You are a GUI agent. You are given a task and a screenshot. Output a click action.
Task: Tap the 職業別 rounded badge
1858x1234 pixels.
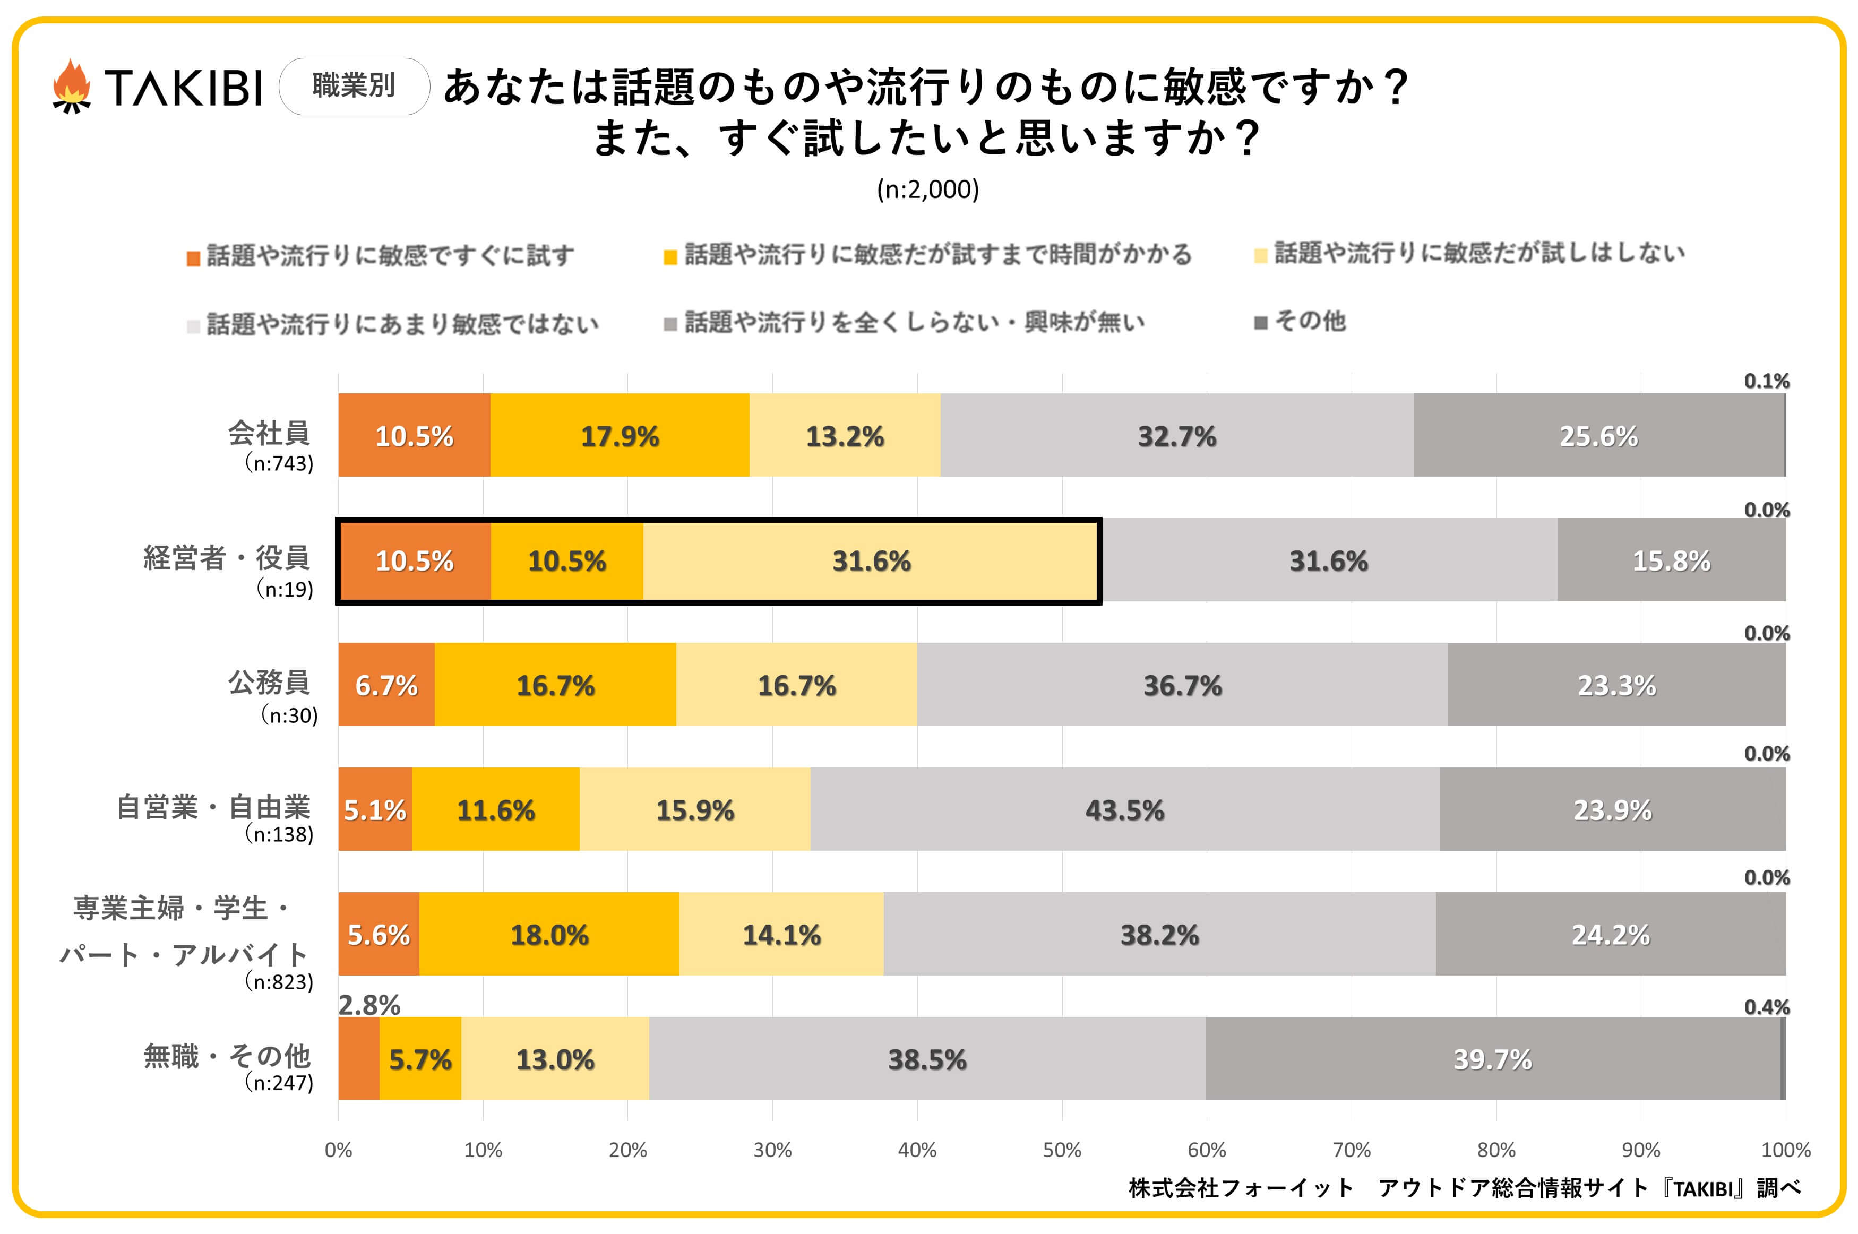point(354,86)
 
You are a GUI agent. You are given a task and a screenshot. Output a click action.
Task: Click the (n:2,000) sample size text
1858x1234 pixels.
point(928,189)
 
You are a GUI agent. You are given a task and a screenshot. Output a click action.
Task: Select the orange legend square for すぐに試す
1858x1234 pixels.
point(193,258)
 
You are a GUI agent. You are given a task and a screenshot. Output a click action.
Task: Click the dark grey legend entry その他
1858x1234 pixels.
point(1300,321)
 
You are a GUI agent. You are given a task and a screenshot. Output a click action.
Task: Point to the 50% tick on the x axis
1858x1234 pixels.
point(1062,1150)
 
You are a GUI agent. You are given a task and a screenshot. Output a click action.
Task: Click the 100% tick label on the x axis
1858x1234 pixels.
point(1785,1150)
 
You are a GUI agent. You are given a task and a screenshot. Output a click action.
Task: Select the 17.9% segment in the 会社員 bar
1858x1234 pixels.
point(620,435)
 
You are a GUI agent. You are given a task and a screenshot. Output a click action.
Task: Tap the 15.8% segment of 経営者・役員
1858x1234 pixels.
point(1671,560)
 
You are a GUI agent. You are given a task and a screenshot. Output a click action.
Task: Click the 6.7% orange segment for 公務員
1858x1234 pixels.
point(386,685)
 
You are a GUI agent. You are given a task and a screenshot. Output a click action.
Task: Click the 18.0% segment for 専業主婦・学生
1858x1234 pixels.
point(549,934)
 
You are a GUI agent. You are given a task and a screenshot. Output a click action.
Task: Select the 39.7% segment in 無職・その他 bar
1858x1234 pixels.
point(1492,1058)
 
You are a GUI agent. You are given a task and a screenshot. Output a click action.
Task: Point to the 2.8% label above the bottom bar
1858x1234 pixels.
point(369,1005)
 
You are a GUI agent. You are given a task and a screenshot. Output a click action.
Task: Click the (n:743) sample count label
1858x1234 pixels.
point(279,463)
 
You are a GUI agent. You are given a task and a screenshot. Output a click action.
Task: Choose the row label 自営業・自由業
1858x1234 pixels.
point(213,807)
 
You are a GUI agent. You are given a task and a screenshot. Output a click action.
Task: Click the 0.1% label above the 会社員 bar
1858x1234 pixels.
point(1766,381)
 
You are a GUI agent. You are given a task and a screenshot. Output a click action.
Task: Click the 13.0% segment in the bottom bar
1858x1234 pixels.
point(555,1058)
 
